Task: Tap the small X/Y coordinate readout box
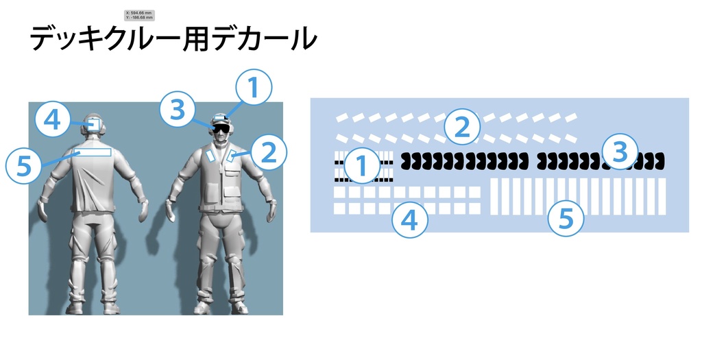point(140,14)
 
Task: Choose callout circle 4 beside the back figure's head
point(52,121)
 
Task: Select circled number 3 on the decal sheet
point(620,152)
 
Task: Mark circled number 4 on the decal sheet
point(409,220)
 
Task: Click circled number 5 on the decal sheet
point(566,219)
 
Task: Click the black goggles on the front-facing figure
point(221,127)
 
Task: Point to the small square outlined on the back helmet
point(94,124)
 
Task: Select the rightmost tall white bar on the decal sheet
point(661,195)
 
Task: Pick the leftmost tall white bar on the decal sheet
point(495,195)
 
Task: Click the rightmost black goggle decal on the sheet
point(659,161)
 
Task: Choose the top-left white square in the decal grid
point(340,193)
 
